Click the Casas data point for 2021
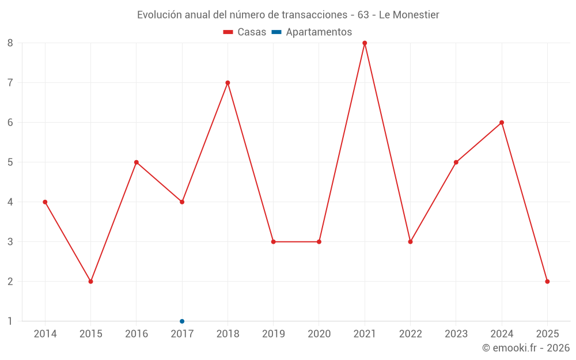click(x=365, y=43)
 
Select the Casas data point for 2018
click(x=228, y=83)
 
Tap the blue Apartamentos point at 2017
click(x=182, y=321)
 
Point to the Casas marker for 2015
click(x=90, y=281)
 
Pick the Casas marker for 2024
click(x=502, y=123)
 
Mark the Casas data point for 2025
click(x=547, y=281)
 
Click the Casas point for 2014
click(x=45, y=202)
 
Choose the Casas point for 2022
click(x=410, y=242)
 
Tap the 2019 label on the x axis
click(x=273, y=334)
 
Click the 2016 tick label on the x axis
click(x=137, y=334)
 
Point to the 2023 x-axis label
click(x=456, y=334)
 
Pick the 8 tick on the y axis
click(x=10, y=43)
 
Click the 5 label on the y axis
click(x=10, y=162)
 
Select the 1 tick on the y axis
click(x=10, y=321)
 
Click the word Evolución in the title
click(x=159, y=15)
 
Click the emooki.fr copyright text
click(x=526, y=348)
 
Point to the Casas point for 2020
click(x=319, y=242)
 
